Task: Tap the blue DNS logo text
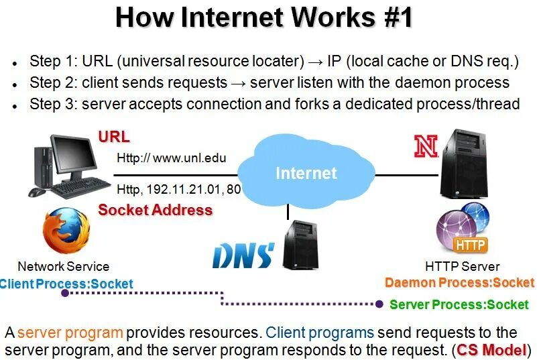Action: (243, 255)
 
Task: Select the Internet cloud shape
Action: (306, 173)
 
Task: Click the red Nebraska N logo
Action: (426, 146)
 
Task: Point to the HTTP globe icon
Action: (463, 228)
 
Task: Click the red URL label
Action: (114, 137)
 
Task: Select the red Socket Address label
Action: (155, 210)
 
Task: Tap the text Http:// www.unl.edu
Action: (172, 159)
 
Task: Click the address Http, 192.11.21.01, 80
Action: (178, 189)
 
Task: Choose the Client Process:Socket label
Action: (66, 284)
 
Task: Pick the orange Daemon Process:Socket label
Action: (459, 282)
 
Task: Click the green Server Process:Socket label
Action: (459, 304)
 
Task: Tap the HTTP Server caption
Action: (462, 266)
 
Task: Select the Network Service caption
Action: (63, 266)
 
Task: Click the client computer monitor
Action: (75, 156)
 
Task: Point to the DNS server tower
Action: (298, 245)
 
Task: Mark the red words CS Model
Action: (492, 350)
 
